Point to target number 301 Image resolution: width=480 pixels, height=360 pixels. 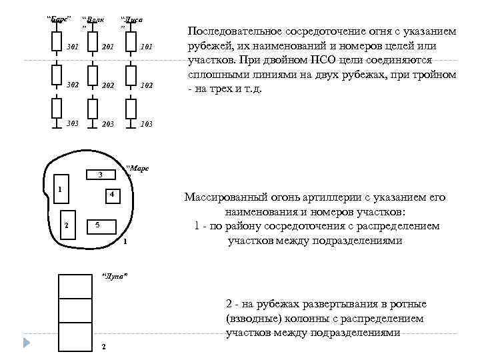[73, 47]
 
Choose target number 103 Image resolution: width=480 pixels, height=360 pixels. [147, 124]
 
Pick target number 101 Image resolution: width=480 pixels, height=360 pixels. [147, 47]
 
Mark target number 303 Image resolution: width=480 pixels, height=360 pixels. [73, 123]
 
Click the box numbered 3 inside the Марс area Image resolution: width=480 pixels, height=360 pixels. [100, 175]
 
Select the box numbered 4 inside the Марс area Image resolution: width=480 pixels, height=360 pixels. [113, 194]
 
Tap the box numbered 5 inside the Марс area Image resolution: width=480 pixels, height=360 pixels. [97, 225]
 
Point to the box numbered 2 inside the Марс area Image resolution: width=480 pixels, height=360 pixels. [67, 225]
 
